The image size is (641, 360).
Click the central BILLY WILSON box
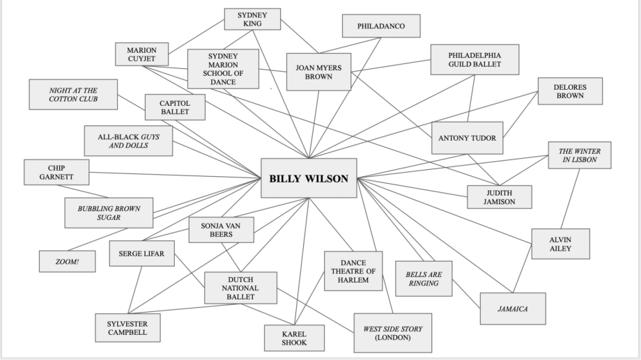coord(308,178)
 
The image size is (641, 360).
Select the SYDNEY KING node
coord(252,19)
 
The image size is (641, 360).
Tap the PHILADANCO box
coord(380,26)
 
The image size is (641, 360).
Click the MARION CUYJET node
coord(141,54)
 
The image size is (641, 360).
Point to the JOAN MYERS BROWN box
coord(318,72)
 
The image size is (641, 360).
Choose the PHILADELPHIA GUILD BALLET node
coord(474,59)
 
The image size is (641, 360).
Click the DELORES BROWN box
coord(570,91)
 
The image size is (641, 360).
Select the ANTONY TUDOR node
coord(467,138)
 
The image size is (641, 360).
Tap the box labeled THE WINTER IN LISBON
coord(579,156)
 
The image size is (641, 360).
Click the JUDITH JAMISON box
coord(499,197)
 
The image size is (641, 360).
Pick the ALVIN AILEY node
coord(560,244)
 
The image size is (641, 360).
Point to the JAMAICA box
coord(513,308)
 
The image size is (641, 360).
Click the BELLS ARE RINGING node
coord(423,279)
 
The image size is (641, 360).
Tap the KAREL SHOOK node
coord(295,338)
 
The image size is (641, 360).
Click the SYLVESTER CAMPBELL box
coord(127,328)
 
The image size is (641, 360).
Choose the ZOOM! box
coord(67,261)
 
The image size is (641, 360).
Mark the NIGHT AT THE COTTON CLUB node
coord(72,95)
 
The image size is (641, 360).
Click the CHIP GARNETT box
coord(56,172)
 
